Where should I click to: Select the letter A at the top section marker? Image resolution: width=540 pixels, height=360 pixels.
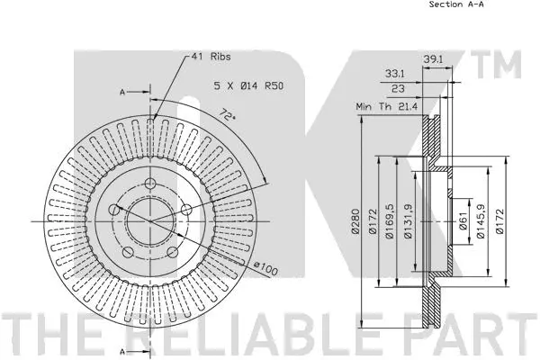(121, 91)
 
